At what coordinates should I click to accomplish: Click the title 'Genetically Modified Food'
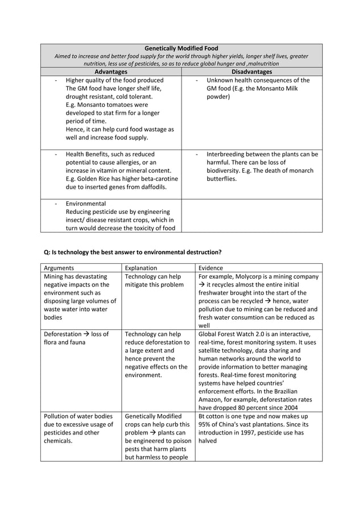[x=181, y=48]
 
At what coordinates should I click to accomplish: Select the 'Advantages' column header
[x=110, y=72]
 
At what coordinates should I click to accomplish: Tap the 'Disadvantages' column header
[x=252, y=72]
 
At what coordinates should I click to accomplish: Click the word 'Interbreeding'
[x=226, y=154]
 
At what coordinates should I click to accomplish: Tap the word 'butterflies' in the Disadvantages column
[x=221, y=179]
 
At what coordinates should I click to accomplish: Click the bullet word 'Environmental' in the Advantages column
[x=85, y=204]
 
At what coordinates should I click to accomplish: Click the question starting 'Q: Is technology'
[x=133, y=252]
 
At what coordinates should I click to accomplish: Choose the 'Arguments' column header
[x=59, y=268]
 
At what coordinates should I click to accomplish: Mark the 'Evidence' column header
[x=211, y=268]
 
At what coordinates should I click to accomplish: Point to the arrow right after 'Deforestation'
[x=86, y=334]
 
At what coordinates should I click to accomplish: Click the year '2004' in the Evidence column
[x=286, y=407]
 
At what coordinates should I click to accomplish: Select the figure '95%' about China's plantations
[x=206, y=424]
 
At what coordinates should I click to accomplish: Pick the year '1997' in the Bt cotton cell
[x=250, y=432]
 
